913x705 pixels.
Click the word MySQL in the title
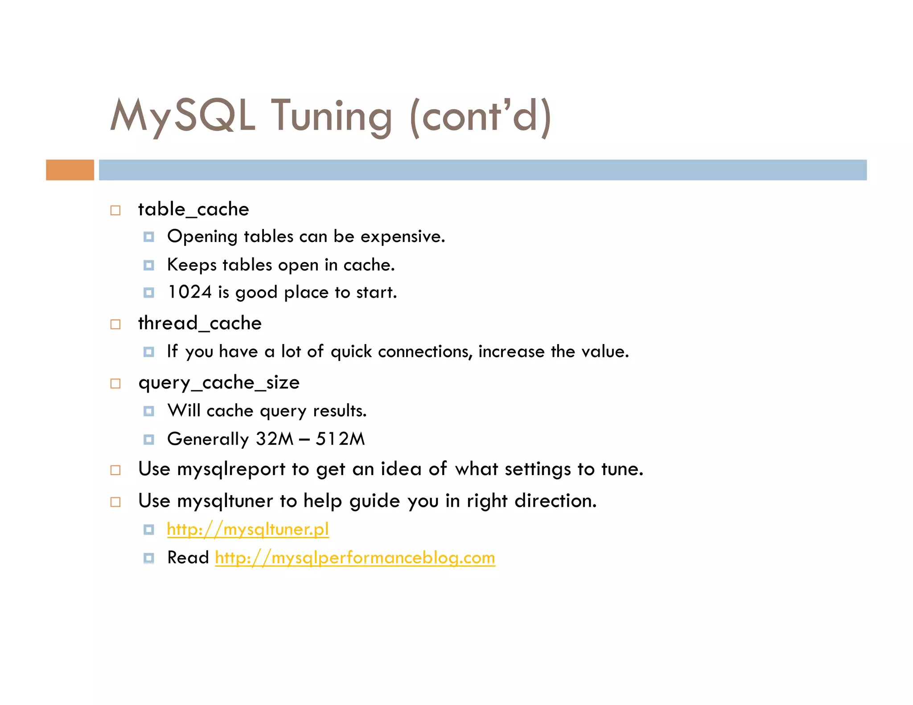point(183,116)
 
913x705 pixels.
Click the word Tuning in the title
point(332,117)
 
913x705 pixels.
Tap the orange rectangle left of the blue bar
point(70,170)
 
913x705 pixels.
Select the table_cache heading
point(193,209)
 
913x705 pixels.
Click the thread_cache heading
point(200,323)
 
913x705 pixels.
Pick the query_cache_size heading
point(219,383)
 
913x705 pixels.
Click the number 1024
point(189,292)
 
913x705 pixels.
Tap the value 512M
point(340,439)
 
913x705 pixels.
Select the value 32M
point(275,439)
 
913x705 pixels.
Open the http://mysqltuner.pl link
point(248,529)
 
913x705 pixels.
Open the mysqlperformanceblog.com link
point(355,558)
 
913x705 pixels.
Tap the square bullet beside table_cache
point(115,210)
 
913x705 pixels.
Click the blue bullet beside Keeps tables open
point(149,266)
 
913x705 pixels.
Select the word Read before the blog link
point(188,558)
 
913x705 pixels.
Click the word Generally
point(207,439)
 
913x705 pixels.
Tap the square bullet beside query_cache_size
point(115,384)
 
